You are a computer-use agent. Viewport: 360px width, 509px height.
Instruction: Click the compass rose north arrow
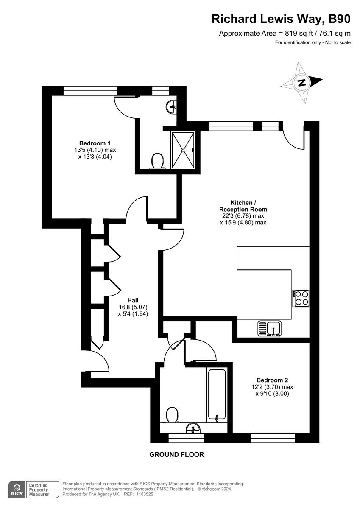(x=302, y=82)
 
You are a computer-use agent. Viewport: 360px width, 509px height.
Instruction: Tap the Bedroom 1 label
(x=95, y=143)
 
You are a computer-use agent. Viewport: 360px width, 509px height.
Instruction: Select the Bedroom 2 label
(x=272, y=380)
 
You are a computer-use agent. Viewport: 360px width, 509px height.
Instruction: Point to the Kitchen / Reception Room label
(x=243, y=206)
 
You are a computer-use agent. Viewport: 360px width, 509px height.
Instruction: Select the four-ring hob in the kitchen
(x=301, y=298)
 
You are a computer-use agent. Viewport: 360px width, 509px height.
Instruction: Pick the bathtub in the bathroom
(x=216, y=394)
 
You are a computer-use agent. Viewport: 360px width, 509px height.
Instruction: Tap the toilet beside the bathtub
(x=172, y=415)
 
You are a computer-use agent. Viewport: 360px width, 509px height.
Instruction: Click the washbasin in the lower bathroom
(x=194, y=428)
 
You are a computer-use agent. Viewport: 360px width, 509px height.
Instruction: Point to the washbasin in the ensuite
(x=172, y=105)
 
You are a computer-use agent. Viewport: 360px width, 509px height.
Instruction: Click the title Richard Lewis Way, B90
(x=281, y=19)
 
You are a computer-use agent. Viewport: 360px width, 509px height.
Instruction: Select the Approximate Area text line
(x=285, y=34)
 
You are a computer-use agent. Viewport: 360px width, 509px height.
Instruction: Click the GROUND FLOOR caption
(x=176, y=454)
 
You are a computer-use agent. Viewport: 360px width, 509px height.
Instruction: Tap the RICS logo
(x=17, y=489)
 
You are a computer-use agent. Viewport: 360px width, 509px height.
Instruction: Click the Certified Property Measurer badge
(x=38, y=489)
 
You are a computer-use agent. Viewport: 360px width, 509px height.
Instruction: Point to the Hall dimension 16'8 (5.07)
(x=133, y=307)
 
